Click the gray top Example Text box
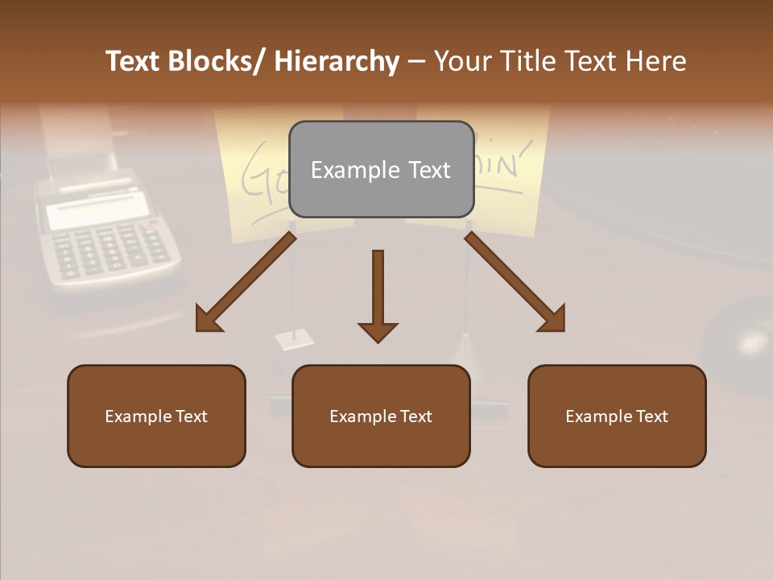[381, 169]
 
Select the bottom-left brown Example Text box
[156, 416]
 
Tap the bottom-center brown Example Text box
[381, 416]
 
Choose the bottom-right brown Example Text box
[617, 416]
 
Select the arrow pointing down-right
[515, 282]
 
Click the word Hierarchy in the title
[337, 61]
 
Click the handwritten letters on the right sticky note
[504, 161]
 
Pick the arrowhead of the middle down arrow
[378, 331]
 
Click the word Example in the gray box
[344, 170]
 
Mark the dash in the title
[416, 61]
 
